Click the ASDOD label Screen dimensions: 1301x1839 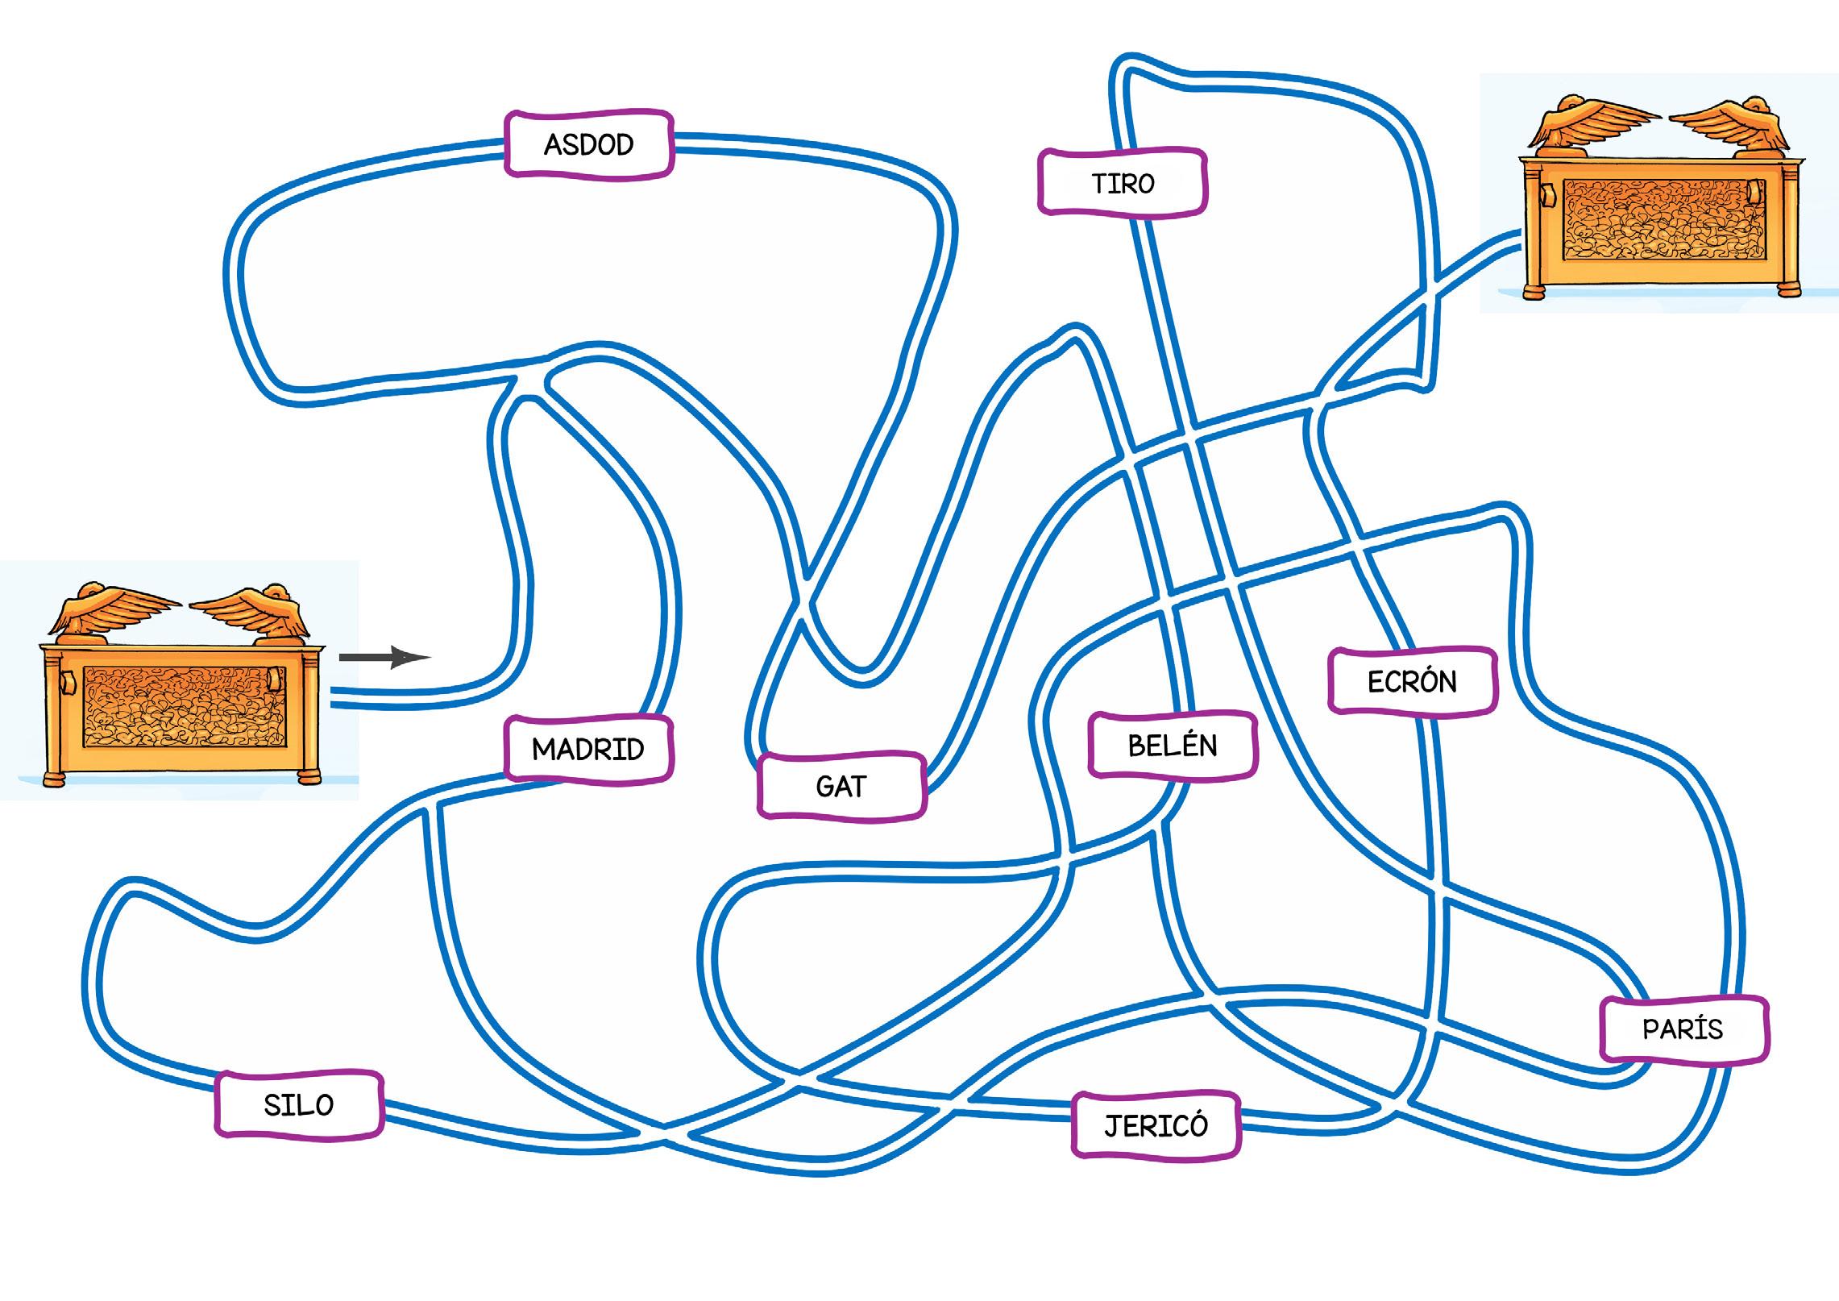(588, 144)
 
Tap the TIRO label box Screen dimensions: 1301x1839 (1123, 183)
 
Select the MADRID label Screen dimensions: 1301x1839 (588, 749)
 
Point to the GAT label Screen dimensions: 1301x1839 (841, 786)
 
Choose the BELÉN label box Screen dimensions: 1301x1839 (1173, 746)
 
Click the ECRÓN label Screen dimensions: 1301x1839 (1412, 682)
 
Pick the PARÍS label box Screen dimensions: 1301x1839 (1683, 1029)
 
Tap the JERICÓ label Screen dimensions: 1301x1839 (1156, 1125)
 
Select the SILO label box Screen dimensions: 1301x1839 (299, 1104)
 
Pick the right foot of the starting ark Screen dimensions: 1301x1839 (309, 776)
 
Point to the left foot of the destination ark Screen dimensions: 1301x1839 (1532, 290)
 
